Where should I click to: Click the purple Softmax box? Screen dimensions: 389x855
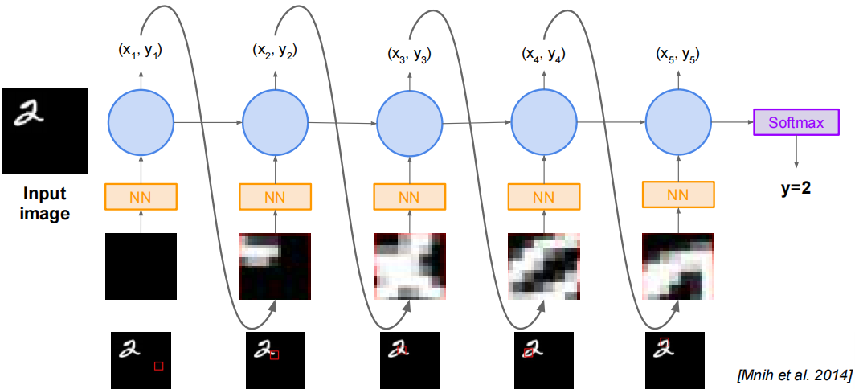796,123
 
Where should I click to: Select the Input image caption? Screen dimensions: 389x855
44,203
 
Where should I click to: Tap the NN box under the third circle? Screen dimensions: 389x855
410,196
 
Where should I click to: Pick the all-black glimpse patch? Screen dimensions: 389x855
141,266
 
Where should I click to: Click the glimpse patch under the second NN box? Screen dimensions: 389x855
275,266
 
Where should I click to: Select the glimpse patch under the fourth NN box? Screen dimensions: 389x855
544,266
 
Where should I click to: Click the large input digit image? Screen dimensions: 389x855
44,131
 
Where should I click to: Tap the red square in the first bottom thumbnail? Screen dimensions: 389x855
159,366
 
